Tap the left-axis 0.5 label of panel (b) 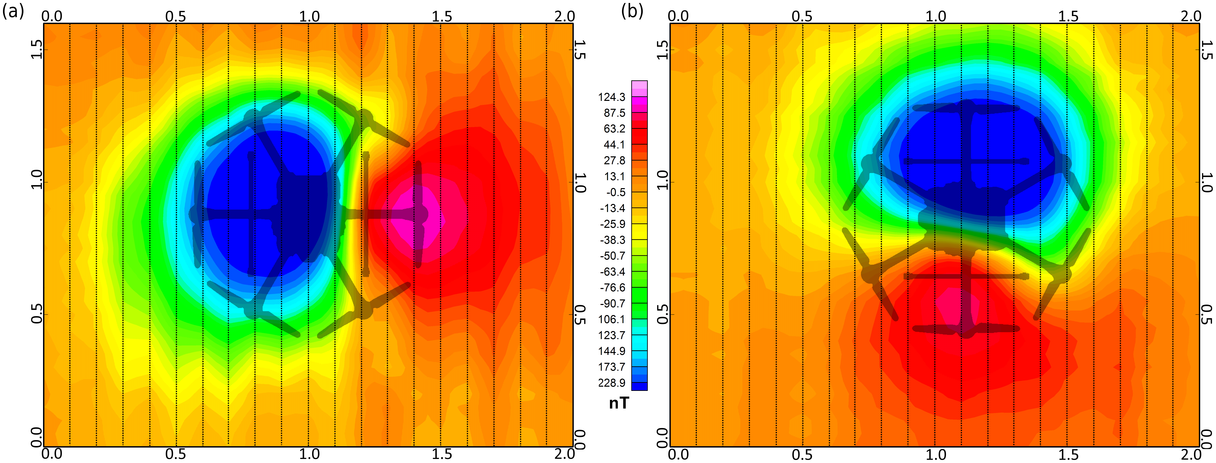tap(663, 314)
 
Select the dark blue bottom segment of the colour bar tap(639, 386)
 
